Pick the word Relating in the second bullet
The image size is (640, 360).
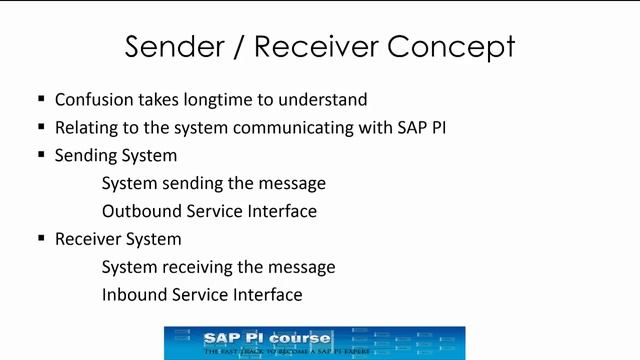click(x=85, y=128)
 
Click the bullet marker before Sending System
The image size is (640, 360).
click(x=41, y=155)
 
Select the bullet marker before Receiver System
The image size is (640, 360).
click(x=41, y=239)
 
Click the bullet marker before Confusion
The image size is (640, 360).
click(x=41, y=99)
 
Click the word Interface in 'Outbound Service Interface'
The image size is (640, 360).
click(x=282, y=211)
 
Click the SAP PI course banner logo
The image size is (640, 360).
click(x=314, y=342)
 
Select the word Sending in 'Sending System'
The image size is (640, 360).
click(x=87, y=156)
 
